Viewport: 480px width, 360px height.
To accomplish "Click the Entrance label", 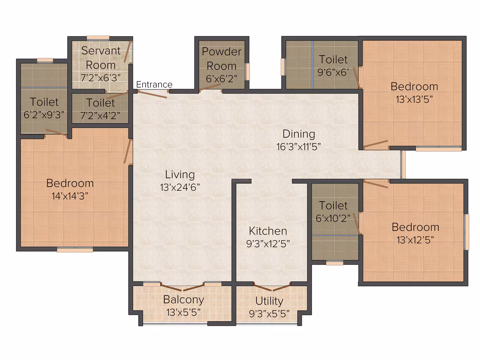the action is pos(154,84).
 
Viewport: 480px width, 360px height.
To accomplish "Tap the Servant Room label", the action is pos(101,58).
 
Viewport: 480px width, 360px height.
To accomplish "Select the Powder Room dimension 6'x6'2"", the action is pos(221,79).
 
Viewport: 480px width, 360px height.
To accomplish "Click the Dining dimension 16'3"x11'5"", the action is pos(299,146).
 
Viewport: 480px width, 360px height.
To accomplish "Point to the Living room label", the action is pos(180,175).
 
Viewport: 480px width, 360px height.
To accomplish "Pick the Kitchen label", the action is pos(268,231).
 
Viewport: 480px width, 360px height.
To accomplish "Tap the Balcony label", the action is pos(184,300).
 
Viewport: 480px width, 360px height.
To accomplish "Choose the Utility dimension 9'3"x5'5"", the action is pos(269,314).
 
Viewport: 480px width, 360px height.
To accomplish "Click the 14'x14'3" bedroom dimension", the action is pos(70,196).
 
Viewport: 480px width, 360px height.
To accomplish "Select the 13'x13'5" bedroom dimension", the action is pos(414,99).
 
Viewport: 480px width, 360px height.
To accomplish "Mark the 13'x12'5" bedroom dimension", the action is pos(415,240).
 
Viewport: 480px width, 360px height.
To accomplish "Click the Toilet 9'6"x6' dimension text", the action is pos(334,72).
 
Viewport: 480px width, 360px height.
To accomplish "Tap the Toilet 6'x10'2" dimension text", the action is pos(333,218).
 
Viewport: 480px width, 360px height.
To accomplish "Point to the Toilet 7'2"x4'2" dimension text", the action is pos(100,116).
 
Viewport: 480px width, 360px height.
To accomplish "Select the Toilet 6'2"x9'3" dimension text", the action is pos(44,115).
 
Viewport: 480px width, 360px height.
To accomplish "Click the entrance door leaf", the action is pos(152,94).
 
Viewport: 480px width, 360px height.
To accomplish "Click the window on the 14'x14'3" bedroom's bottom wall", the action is pos(75,250).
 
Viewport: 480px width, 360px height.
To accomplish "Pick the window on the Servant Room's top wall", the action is pos(98,38).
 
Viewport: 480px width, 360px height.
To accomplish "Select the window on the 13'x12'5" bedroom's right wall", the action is pos(466,232).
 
